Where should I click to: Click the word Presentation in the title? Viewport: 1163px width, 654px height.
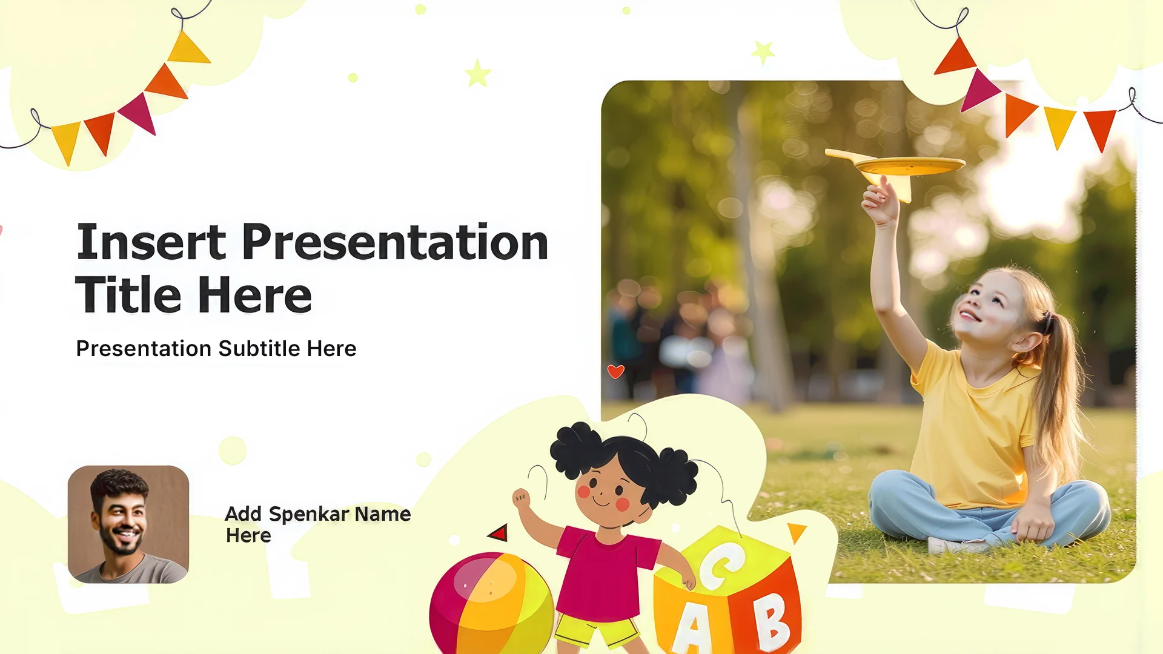coord(396,242)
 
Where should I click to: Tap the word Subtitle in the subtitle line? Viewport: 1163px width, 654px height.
coord(259,349)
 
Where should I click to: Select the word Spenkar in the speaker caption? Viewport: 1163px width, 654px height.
coord(309,515)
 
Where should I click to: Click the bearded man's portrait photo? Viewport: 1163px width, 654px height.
coord(128,524)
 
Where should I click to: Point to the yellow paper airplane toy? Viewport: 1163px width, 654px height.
coord(895,170)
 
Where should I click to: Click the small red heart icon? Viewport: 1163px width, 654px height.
coord(615,371)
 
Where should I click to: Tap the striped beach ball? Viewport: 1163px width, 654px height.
coord(491,603)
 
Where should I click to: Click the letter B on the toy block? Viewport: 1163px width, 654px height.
coord(770,621)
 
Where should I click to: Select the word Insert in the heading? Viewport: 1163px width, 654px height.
coord(151,242)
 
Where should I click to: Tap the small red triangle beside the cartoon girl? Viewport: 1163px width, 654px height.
coord(499,533)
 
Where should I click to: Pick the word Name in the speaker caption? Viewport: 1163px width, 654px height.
coord(383,515)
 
